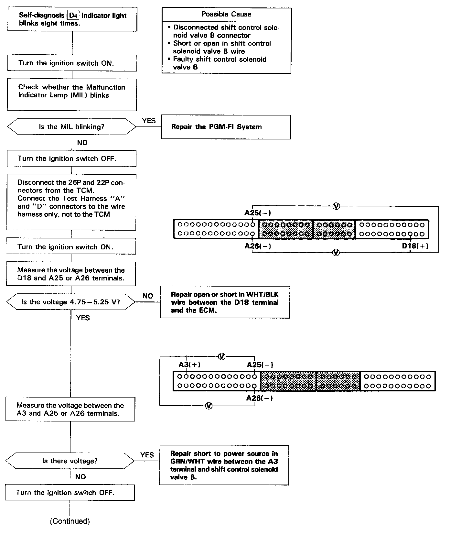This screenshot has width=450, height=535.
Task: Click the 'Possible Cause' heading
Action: tap(226, 14)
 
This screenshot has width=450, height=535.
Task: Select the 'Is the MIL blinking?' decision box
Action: tap(71, 127)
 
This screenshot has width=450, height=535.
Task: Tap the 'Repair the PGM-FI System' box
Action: tap(226, 127)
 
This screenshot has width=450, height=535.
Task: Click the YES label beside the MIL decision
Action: tap(149, 121)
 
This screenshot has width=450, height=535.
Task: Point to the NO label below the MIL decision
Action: tap(82, 143)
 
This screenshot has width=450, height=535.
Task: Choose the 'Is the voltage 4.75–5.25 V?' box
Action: tap(70, 302)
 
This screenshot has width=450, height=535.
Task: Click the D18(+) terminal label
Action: tap(415, 246)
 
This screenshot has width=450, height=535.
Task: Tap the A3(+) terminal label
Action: tap(189, 365)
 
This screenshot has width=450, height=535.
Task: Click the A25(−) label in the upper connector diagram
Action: tap(257, 213)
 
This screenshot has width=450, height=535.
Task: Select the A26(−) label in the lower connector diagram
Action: tap(259, 398)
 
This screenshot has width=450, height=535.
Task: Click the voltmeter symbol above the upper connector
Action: tap(336, 206)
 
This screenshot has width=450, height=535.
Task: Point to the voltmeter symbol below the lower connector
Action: tap(209, 406)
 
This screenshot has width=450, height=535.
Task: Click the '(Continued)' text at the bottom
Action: tap(70, 521)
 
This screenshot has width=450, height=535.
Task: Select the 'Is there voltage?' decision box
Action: tap(70, 461)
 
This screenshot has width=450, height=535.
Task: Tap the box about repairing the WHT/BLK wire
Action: tap(225, 302)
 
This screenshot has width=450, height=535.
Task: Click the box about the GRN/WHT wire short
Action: tap(224, 465)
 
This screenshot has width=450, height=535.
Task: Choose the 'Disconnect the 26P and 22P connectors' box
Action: tap(71, 202)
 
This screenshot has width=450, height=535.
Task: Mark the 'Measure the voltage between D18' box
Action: tap(71, 274)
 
